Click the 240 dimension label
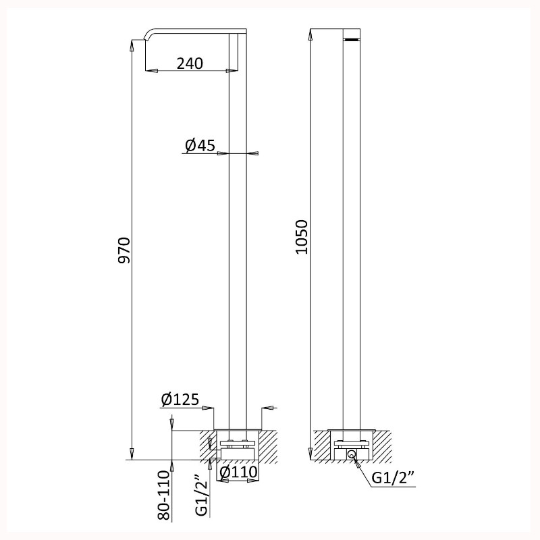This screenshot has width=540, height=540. coord(190,63)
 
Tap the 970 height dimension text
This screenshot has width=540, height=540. coord(124,250)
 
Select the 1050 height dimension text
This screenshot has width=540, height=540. coord(301,237)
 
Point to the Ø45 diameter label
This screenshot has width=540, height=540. coord(200,145)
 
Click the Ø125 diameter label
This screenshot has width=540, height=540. coord(180,400)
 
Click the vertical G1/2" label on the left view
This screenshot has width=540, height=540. coord(202,495)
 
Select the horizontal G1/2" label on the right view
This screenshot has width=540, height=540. coord(394,478)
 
